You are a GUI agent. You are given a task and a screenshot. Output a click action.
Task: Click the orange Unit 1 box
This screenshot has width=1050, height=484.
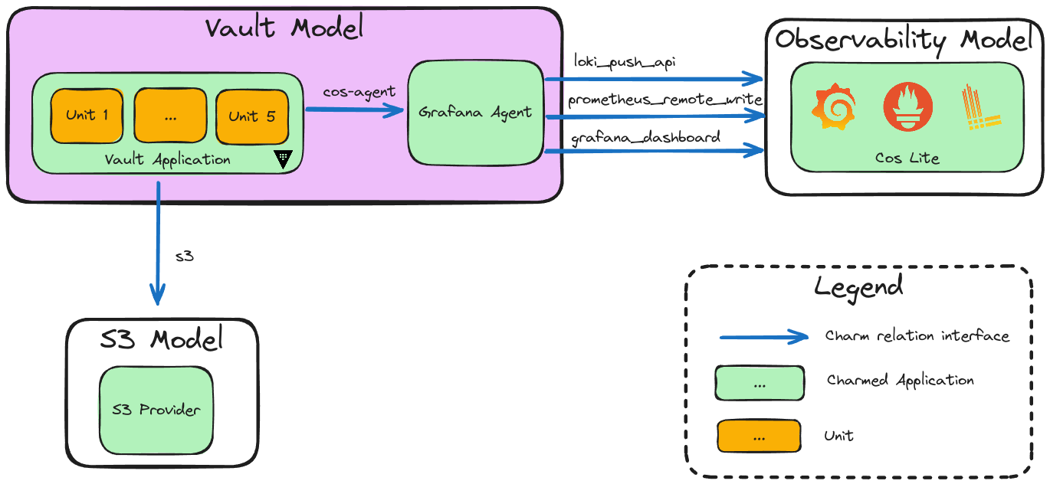point(87,116)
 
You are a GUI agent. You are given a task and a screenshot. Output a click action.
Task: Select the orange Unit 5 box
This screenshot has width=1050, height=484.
point(251,116)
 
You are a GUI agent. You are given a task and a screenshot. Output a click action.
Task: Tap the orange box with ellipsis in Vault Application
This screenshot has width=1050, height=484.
point(169,116)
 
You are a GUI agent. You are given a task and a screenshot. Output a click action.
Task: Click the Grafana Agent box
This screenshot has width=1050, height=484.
point(475,112)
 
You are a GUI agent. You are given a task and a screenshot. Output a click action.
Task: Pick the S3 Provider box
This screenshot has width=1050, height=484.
point(156,409)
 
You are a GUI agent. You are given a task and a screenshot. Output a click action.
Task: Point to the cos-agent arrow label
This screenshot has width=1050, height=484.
point(359,92)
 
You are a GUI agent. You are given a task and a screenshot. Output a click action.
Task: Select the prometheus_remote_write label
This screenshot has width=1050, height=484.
point(664,100)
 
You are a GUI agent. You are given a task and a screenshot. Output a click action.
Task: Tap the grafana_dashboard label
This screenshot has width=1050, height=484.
point(645,138)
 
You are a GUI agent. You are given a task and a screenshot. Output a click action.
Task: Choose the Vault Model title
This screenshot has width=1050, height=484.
point(284,28)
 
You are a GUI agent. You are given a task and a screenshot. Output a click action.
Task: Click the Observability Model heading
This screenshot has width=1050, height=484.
point(904,40)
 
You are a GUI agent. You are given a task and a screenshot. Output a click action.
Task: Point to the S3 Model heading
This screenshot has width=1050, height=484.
point(162,338)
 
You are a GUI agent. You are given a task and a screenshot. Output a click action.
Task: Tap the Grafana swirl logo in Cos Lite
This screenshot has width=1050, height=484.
point(831,108)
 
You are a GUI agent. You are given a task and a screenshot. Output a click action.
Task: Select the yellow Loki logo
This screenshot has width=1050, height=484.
point(979,108)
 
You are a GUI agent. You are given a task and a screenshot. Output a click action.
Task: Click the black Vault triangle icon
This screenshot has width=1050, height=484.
point(284,159)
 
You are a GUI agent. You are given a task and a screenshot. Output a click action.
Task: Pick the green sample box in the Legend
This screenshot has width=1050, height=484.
point(759,383)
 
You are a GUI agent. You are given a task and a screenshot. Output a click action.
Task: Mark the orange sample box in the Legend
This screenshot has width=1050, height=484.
point(759,437)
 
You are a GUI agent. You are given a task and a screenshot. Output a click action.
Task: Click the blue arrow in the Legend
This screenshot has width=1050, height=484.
point(763,337)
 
